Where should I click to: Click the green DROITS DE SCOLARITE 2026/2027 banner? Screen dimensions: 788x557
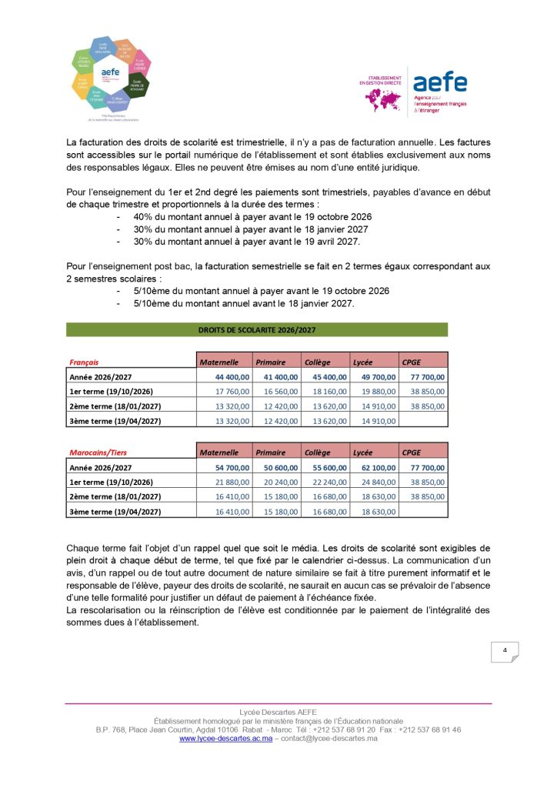tap(257, 330)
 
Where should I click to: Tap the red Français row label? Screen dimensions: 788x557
tap(85, 362)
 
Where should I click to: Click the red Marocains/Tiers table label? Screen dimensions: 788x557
tap(98, 452)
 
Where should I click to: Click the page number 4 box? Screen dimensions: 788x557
tap(505, 652)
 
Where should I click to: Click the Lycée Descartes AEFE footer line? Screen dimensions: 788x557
tap(278, 712)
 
